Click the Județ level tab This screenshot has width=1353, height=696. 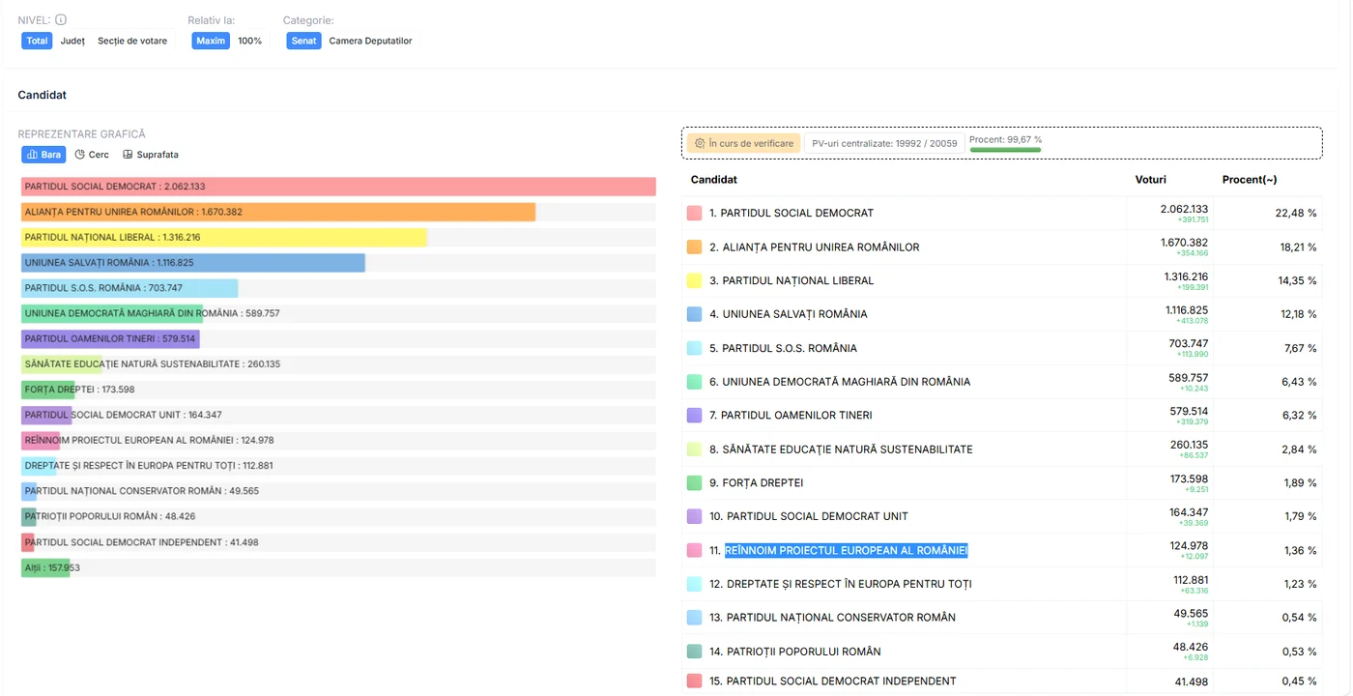tap(72, 41)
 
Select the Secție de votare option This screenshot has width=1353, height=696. tap(132, 41)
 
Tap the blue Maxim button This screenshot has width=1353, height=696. tap(211, 41)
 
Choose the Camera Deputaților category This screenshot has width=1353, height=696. tap(370, 41)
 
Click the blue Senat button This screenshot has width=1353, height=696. tap(303, 41)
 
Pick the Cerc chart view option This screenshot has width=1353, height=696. tap(92, 154)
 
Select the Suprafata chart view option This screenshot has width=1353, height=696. tap(151, 154)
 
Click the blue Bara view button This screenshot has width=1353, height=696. tap(43, 154)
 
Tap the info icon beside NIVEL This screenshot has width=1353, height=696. tap(61, 19)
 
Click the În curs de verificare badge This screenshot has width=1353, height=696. tap(743, 143)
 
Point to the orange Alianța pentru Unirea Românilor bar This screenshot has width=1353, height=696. tap(278, 212)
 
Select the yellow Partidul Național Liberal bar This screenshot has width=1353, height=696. tap(224, 237)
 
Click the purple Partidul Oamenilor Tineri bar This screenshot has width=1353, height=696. tap(110, 338)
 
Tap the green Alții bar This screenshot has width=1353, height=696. tap(45, 567)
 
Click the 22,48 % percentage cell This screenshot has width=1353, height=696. tap(1296, 213)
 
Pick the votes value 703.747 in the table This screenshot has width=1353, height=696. tap(1188, 343)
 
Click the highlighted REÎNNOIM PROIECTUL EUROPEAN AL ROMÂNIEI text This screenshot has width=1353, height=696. tap(846, 550)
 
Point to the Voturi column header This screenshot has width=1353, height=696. tap(1150, 180)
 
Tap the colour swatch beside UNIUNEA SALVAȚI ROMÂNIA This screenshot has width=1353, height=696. tap(695, 313)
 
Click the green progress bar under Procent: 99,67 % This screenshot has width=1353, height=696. tap(1005, 149)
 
